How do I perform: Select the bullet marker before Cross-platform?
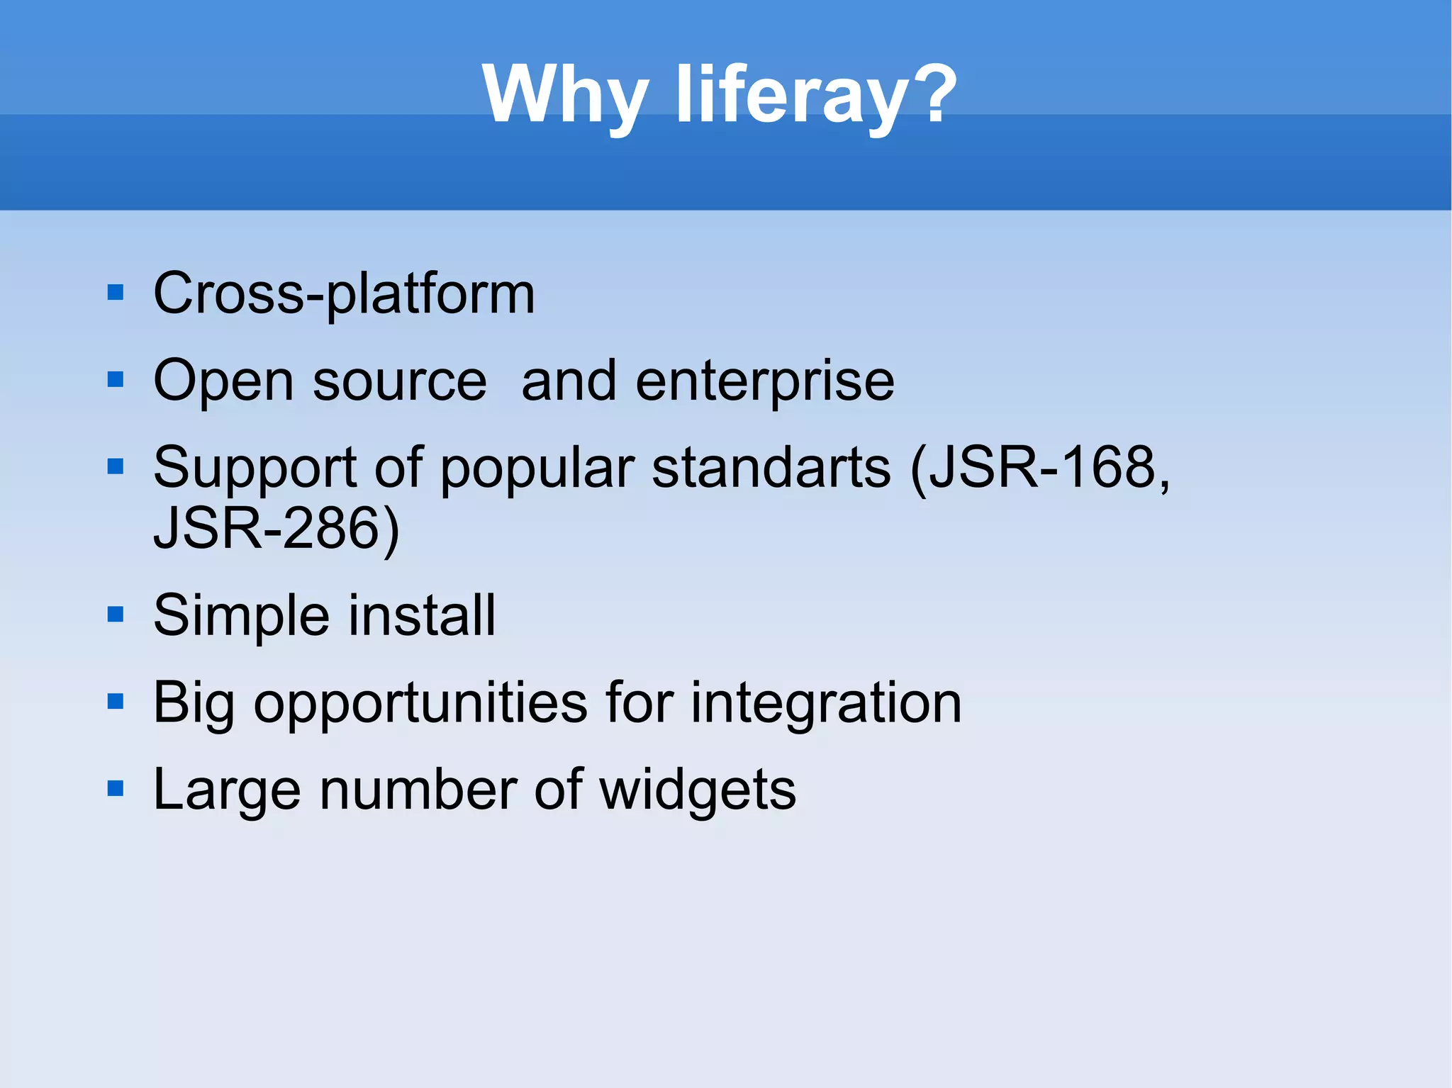click(115, 293)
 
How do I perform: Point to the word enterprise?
click(764, 381)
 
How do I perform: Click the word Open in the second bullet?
click(223, 381)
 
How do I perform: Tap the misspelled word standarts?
click(771, 468)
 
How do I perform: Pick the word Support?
click(255, 468)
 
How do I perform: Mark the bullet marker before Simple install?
click(115, 614)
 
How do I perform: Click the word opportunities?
click(420, 703)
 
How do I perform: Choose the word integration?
click(826, 703)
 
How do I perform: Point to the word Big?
click(193, 703)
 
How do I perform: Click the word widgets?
click(698, 790)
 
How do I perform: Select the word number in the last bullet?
click(418, 790)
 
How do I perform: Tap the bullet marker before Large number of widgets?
click(115, 788)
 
